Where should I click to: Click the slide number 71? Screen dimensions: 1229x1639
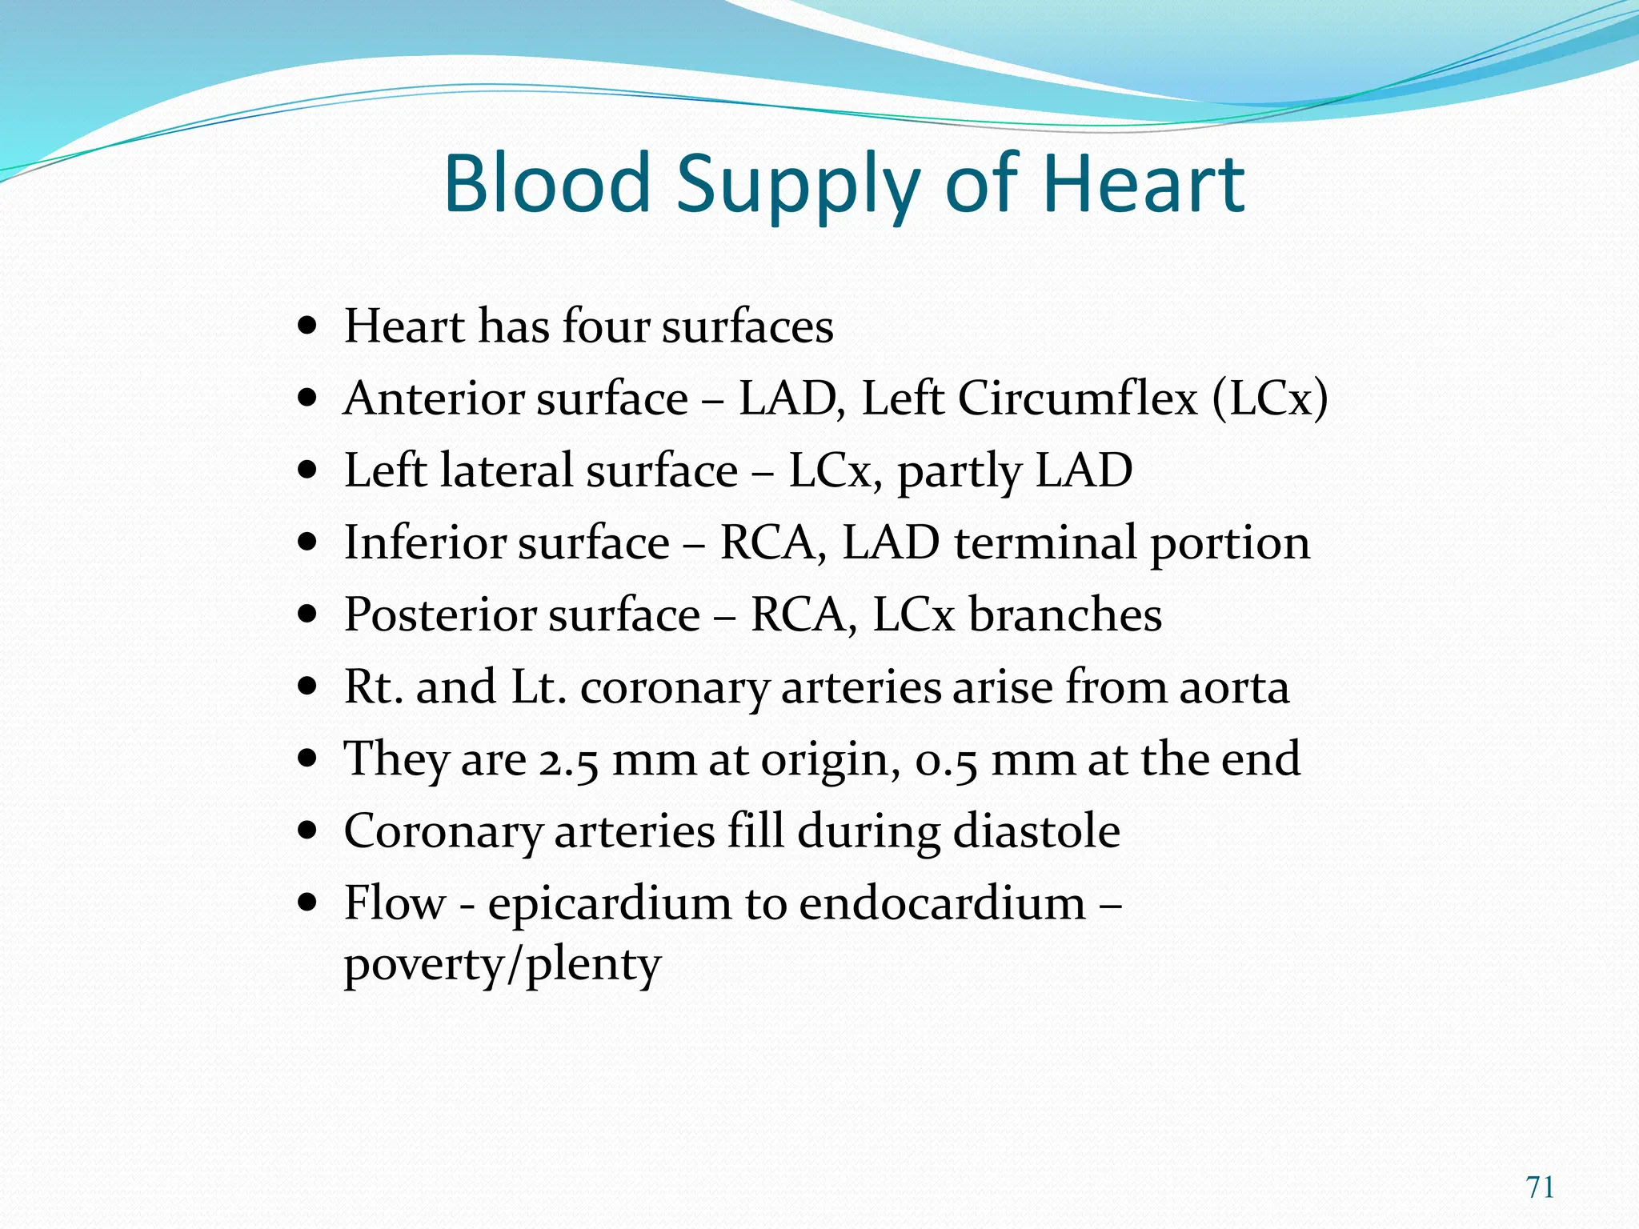(1541, 1187)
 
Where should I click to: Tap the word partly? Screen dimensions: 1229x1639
(959, 472)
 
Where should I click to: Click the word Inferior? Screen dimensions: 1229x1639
(427, 542)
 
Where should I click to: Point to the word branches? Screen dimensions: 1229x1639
(1064, 614)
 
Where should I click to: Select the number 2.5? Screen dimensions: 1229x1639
(568, 760)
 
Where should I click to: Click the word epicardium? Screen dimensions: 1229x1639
(610, 904)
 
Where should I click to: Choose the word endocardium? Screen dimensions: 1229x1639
(942, 903)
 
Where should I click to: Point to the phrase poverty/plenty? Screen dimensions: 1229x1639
(503, 965)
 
